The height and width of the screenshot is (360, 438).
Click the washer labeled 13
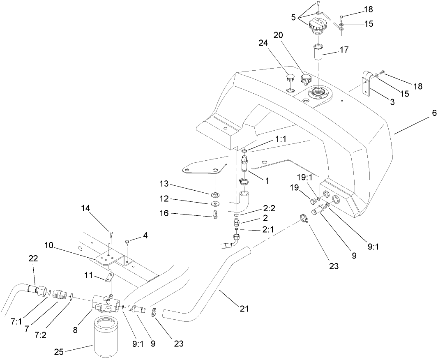(215, 194)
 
